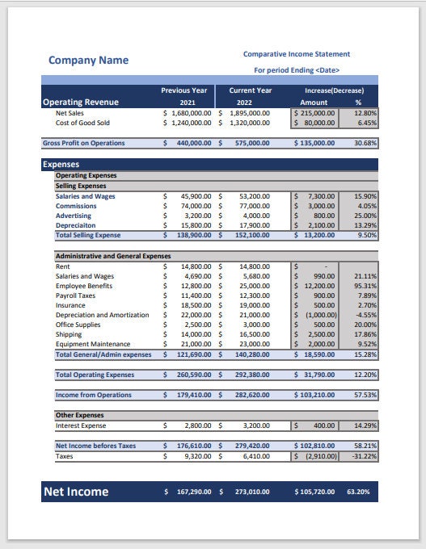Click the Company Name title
88,60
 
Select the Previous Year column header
184,90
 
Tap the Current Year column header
250,90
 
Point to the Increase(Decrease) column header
334,90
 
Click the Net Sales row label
70,114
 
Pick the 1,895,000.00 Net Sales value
249,114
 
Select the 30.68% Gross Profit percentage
365,143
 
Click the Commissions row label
76,206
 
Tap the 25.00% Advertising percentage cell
365,216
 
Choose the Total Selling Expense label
87,235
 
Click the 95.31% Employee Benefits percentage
365,286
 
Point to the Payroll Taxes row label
75,295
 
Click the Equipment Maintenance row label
92,344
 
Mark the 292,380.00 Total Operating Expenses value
254,375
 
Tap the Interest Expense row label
80,425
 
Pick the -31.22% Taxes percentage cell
364,456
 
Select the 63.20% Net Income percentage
357,492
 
